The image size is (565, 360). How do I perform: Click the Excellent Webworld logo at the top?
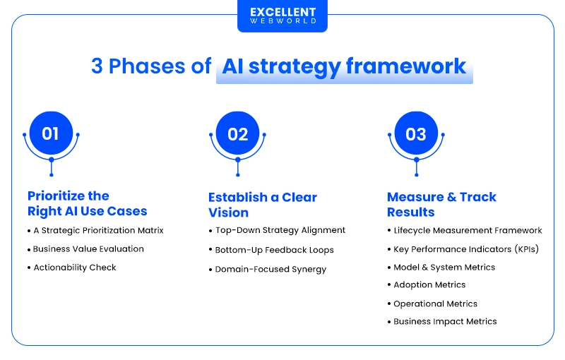point(282,16)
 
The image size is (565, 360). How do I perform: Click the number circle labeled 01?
point(51,133)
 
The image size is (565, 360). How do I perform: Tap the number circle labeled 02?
point(238,133)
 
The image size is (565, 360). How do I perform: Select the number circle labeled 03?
point(416,133)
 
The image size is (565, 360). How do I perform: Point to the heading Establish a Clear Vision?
point(263,205)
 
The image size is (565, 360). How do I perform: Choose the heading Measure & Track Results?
point(441,205)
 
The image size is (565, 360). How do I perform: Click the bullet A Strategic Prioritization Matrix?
point(98,230)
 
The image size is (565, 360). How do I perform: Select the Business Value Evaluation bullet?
point(88,248)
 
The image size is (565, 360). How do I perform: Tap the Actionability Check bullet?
point(75,268)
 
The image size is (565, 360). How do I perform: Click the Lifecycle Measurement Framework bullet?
point(468,230)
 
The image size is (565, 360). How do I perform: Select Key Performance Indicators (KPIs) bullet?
point(467,249)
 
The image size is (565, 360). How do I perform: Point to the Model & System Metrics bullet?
point(444,268)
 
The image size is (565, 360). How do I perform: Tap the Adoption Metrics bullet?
point(429,285)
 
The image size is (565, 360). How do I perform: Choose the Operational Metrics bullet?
point(435,304)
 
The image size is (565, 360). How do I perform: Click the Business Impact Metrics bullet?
point(445,322)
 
